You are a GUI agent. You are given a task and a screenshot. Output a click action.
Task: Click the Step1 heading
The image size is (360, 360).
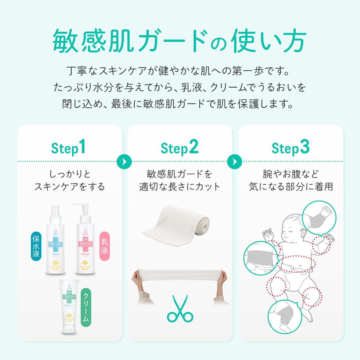(68, 148)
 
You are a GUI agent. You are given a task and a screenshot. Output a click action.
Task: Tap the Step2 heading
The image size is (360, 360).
(179, 148)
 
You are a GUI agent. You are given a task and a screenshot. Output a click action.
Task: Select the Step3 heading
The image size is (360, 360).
(290, 148)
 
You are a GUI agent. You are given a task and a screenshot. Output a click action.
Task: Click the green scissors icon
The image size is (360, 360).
(180, 309)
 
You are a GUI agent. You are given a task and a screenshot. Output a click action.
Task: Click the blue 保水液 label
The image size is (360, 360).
(36, 246)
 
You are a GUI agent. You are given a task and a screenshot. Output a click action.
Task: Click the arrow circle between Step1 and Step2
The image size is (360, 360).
(124, 161)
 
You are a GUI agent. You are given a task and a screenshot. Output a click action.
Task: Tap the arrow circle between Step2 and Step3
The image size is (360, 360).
(235, 161)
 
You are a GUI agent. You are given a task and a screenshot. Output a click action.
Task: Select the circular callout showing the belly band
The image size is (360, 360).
(260, 257)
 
